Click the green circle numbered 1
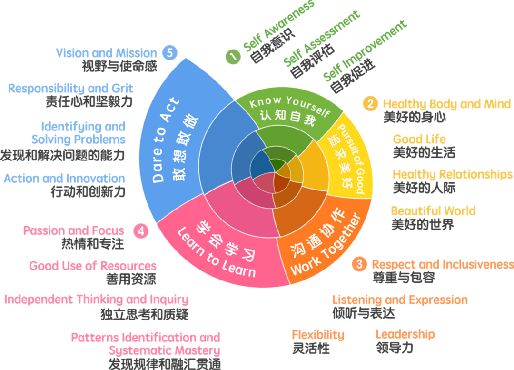(x=233, y=56)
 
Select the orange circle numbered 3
(x=359, y=264)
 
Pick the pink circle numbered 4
(x=141, y=231)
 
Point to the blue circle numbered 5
(x=169, y=52)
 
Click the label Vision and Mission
(x=106, y=53)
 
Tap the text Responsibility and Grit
(x=70, y=89)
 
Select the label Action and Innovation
(x=64, y=179)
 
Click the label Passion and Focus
(x=74, y=231)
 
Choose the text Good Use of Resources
(x=93, y=266)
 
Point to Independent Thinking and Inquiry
(x=97, y=300)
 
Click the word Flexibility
(x=318, y=334)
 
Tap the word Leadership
(x=405, y=334)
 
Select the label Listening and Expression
(x=400, y=300)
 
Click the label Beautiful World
(x=433, y=211)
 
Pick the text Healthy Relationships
(x=453, y=174)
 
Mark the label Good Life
(x=419, y=139)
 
